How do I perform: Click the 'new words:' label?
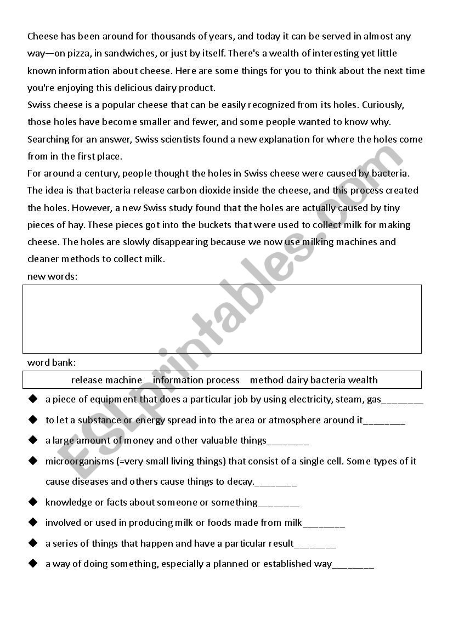53,276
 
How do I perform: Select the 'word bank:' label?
52,362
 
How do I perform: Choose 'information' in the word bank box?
178,380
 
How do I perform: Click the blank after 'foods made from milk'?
324,524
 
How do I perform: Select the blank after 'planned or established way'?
353,565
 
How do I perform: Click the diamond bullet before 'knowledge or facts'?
33,502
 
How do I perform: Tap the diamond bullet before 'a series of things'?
33,543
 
